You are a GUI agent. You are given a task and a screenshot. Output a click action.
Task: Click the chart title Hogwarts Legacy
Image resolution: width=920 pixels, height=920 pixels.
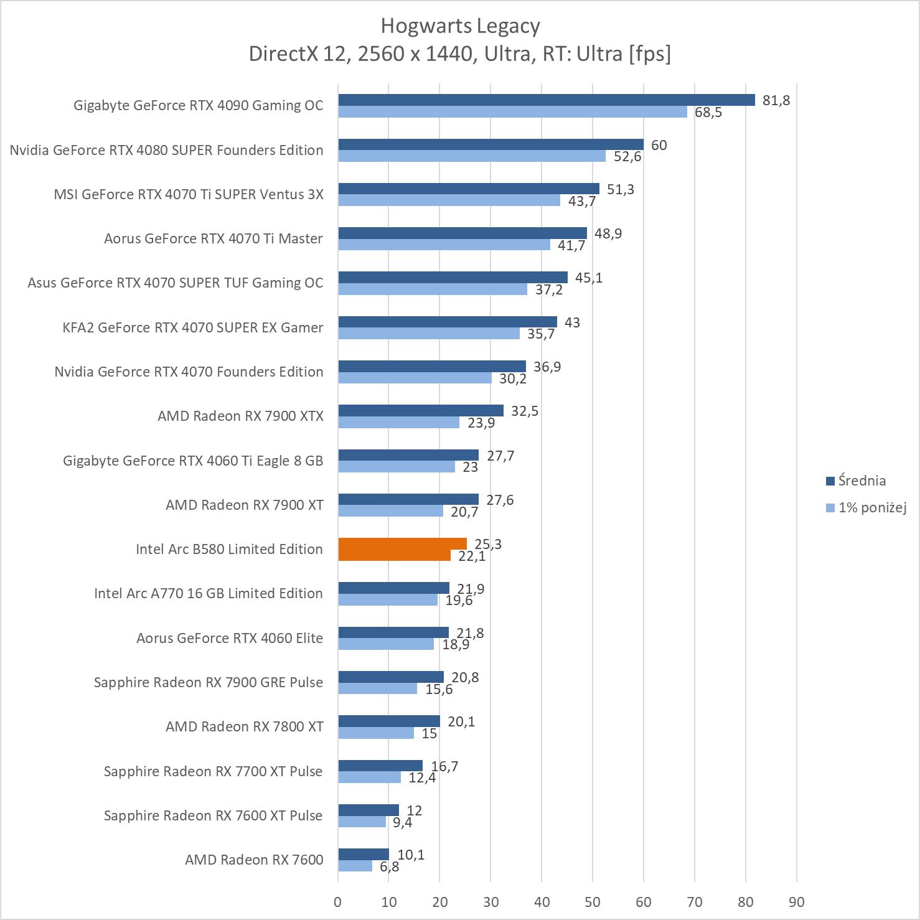(x=460, y=26)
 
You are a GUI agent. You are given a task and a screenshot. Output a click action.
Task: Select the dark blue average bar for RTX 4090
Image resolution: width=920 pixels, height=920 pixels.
(x=546, y=100)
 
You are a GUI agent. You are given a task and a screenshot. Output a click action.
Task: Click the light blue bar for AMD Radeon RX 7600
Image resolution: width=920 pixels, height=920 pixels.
(x=355, y=866)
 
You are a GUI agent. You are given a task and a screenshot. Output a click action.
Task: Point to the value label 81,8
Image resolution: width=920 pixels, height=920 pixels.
(x=776, y=101)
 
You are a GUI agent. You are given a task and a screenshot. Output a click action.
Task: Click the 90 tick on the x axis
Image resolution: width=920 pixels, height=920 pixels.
(x=796, y=902)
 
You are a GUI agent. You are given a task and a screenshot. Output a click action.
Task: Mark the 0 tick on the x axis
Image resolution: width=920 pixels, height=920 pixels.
(x=338, y=902)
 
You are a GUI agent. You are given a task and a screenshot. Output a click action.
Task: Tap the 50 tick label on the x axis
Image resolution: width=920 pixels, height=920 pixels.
(x=593, y=902)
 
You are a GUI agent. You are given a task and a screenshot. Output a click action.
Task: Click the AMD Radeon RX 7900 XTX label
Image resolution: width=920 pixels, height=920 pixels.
(x=240, y=416)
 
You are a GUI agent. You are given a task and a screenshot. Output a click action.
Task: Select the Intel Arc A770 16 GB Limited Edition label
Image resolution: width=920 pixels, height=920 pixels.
(x=209, y=593)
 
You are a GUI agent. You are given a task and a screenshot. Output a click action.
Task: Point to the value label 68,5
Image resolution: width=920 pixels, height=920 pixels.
(x=708, y=113)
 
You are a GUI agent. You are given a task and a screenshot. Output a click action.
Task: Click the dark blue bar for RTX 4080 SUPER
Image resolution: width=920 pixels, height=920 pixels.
(x=491, y=144)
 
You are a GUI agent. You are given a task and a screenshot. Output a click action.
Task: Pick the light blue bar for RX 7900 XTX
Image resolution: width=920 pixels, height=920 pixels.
(x=398, y=423)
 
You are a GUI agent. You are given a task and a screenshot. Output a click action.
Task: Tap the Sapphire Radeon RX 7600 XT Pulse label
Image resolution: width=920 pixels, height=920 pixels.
(x=213, y=815)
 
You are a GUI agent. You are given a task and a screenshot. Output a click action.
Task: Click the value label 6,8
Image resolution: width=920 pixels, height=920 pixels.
(x=389, y=866)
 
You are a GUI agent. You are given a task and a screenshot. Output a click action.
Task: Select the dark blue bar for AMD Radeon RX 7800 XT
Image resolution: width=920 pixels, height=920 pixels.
(x=389, y=721)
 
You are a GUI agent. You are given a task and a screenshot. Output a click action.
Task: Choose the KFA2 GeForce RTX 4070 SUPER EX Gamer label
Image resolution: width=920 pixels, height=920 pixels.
(x=192, y=327)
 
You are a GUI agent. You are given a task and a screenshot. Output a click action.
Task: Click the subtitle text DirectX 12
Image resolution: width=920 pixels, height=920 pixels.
(x=296, y=54)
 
